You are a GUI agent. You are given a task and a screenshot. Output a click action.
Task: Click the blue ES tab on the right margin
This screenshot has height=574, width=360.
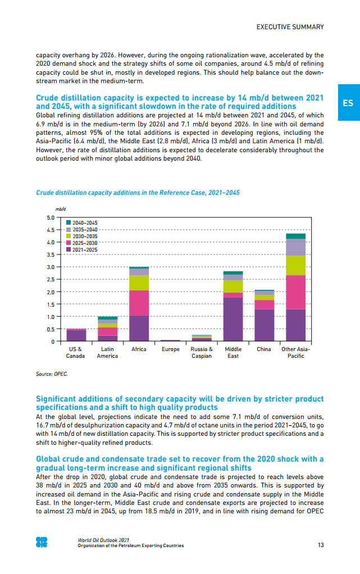[x=348, y=103]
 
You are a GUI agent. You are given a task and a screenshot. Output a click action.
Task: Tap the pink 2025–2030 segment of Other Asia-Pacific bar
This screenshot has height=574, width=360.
[x=295, y=292]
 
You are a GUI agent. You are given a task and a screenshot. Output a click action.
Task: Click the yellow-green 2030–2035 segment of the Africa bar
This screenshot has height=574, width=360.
[x=139, y=283]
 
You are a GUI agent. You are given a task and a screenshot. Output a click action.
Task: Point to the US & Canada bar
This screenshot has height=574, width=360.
[x=76, y=335]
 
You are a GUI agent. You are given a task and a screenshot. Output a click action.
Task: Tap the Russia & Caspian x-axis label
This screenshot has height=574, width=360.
[x=202, y=353]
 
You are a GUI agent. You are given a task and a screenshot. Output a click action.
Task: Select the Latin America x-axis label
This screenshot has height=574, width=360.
[x=107, y=353]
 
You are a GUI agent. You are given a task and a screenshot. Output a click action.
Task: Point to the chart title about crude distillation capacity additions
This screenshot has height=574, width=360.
[x=138, y=193]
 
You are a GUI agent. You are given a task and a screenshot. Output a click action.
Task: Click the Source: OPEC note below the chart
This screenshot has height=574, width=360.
[x=52, y=372]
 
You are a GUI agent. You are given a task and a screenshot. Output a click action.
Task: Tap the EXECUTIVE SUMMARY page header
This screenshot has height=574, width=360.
[x=290, y=27]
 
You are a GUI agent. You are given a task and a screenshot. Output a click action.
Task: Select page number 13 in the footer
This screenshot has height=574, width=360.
[x=320, y=545]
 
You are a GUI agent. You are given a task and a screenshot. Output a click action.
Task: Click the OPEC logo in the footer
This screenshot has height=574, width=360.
[x=42, y=542]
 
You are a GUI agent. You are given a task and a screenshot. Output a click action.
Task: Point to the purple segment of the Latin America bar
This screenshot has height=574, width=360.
[x=107, y=338]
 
